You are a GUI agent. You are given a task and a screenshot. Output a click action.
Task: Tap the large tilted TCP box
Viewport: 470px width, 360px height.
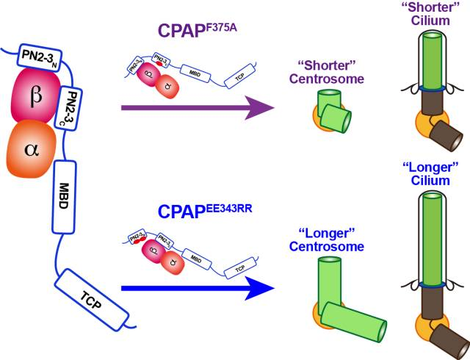[x=90, y=295]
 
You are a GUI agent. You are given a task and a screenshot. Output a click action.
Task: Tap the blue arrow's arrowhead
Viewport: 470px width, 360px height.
[x=276, y=288]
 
